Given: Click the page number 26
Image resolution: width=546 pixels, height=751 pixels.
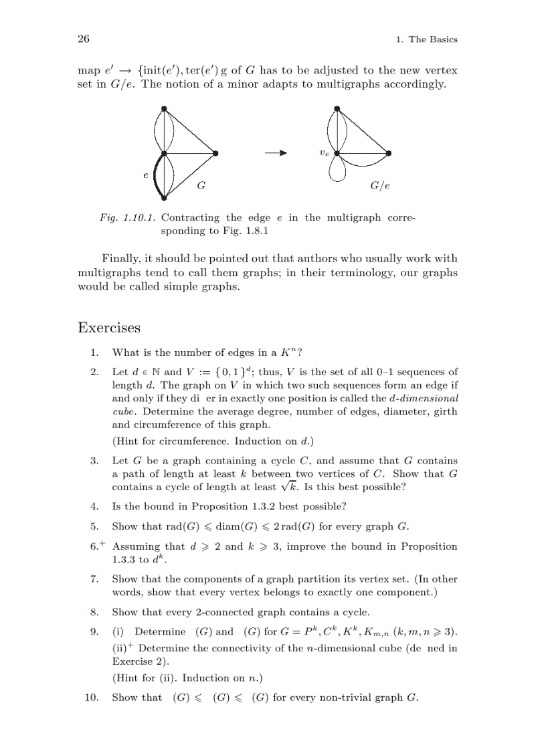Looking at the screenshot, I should point(84,39).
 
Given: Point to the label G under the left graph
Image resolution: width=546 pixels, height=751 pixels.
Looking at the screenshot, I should point(201,185).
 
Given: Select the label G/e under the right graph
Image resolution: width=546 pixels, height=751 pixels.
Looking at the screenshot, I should point(379,186).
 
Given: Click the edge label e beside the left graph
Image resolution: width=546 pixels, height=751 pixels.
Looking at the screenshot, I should point(145,175).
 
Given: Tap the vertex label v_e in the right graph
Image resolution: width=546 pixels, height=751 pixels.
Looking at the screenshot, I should point(325,153).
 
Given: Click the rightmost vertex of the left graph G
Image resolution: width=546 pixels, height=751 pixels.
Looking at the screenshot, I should point(215,153).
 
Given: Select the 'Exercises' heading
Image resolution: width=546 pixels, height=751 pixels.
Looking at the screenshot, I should point(109,328).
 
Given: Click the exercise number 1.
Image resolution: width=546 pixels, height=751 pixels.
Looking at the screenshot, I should point(95,352).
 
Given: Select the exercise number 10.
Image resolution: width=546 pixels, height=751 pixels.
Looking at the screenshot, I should point(92,698).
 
